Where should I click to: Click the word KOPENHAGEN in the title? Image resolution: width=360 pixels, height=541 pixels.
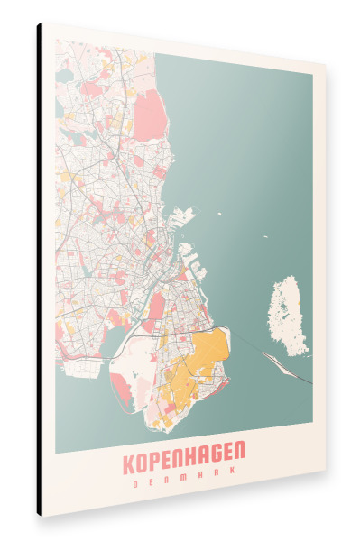pos(185,463)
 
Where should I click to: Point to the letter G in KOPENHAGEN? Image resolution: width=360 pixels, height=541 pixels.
pos(219,463)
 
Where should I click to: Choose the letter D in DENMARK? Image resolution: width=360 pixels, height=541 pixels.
pos(134,481)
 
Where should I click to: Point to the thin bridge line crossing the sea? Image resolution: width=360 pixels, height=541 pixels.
pos(253,347)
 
